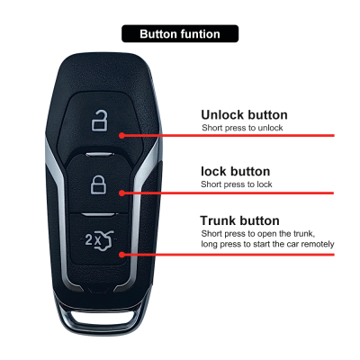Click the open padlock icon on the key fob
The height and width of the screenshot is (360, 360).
[100, 121]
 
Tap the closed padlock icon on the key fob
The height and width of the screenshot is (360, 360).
[99, 184]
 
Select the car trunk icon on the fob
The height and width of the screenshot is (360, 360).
[104, 240]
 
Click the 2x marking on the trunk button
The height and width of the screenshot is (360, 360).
[89, 239]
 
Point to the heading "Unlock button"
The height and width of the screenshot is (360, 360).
[244, 115]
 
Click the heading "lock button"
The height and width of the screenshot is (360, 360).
[236, 172]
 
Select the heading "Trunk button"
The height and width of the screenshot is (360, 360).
[239, 220]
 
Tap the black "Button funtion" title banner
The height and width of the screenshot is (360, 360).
[180, 33]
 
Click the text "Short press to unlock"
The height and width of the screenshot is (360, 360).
[242, 128]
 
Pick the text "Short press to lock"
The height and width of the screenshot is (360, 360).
[237, 184]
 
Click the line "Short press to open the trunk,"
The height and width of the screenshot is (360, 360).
[258, 233]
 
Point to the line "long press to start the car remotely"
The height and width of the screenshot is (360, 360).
[267, 244]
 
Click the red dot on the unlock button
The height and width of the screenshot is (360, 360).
[121, 135]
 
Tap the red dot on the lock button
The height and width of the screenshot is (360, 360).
[121, 193]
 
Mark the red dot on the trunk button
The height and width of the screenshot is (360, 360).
[121, 255]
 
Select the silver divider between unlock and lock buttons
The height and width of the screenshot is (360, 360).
[100, 155]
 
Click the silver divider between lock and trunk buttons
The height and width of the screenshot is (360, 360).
[98, 214]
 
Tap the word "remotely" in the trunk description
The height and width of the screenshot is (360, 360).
[318, 244]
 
